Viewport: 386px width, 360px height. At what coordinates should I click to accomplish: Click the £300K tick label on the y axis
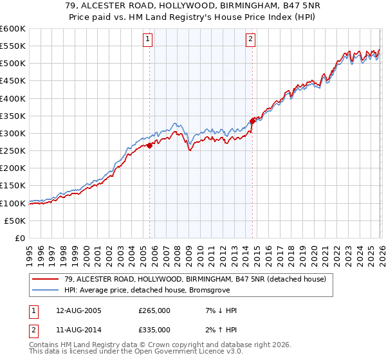click(12, 133)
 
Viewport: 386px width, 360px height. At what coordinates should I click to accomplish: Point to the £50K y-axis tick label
click(15, 221)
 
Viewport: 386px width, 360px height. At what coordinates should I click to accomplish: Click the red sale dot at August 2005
click(149, 145)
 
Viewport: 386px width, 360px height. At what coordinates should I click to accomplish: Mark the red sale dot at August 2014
click(252, 121)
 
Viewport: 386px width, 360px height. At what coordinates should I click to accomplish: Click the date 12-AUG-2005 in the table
click(78, 310)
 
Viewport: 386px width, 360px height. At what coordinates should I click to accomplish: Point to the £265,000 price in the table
click(154, 310)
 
